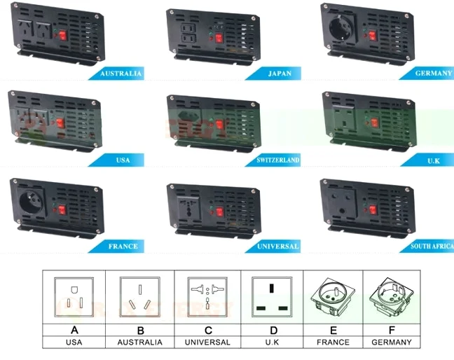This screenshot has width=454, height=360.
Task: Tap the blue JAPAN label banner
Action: pyautogui.click(x=279, y=74)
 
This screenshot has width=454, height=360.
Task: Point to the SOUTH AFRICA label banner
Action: pyautogui.click(x=431, y=247)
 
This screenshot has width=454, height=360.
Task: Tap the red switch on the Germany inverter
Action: pyautogui.click(x=373, y=36)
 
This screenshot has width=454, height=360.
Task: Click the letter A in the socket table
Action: pyautogui.click(x=74, y=328)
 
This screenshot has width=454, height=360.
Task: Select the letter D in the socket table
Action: pyautogui.click(x=273, y=328)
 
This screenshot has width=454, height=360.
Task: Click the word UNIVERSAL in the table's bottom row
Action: pyautogui.click(x=207, y=342)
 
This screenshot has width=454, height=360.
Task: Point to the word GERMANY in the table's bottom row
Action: pyautogui.click(x=397, y=342)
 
